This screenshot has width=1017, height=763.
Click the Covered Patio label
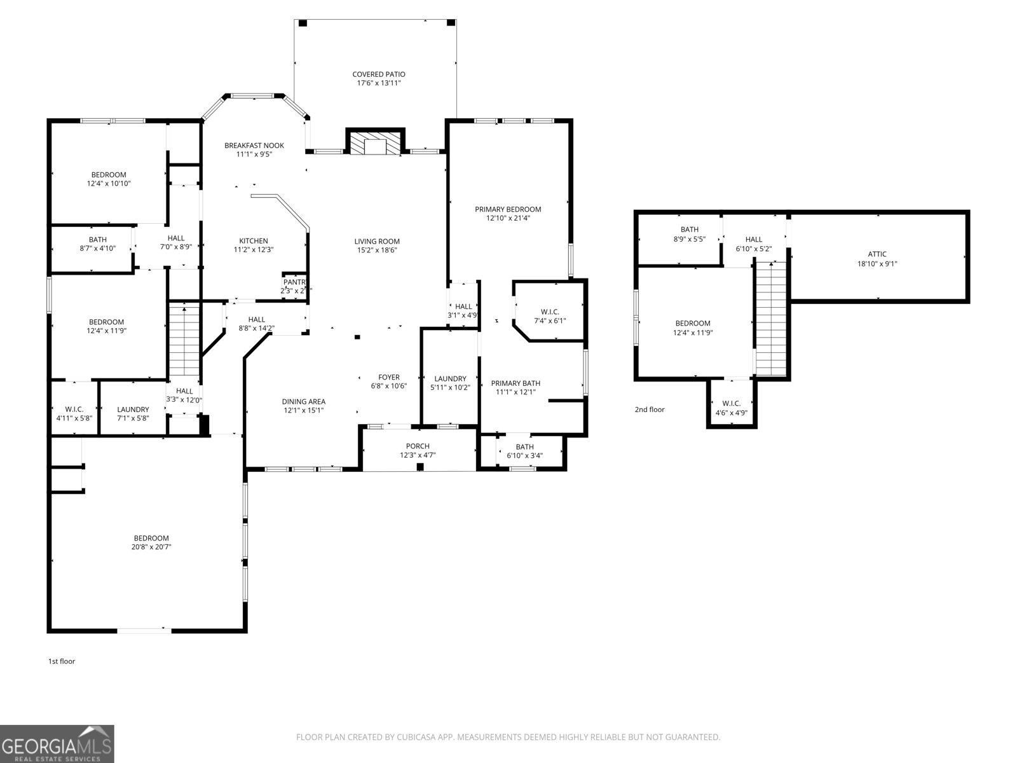[x=379, y=74]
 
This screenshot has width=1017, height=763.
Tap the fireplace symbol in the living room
[x=375, y=142]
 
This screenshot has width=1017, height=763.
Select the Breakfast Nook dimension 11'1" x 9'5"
[x=254, y=154]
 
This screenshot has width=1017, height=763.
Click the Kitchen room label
[x=254, y=241]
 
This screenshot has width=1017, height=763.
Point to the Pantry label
[x=295, y=282]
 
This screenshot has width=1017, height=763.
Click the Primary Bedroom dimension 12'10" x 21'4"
[x=508, y=218]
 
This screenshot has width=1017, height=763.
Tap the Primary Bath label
[x=515, y=383]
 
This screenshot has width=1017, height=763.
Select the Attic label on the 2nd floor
[x=877, y=254]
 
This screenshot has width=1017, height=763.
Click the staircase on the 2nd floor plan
[x=771, y=318]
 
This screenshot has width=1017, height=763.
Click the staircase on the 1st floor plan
[x=184, y=340]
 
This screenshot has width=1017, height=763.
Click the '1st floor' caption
[x=62, y=661]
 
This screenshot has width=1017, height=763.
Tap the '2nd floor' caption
[x=650, y=409]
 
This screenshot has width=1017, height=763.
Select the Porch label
[x=418, y=446]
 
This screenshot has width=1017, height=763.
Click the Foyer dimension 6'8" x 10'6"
[x=389, y=386]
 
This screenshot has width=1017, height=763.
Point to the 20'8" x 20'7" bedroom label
[x=151, y=547]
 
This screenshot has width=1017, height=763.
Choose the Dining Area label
[x=304, y=401]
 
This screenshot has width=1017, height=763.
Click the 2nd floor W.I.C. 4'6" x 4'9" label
[x=732, y=412]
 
